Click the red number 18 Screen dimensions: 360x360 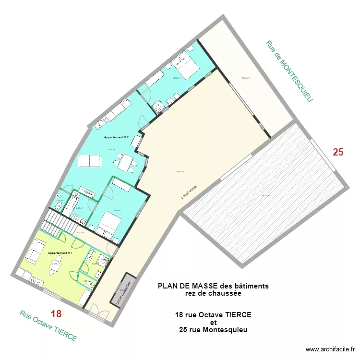[x=56, y=314]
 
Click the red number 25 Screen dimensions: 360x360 [x=338, y=153]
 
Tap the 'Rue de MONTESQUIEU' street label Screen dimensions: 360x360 [x=289, y=71]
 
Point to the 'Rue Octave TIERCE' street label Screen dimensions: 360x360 [x=48, y=326]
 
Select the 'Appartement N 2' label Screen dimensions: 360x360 [x=116, y=137]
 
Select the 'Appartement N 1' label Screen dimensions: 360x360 [x=60, y=252]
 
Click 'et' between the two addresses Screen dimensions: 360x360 [x=214, y=322]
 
